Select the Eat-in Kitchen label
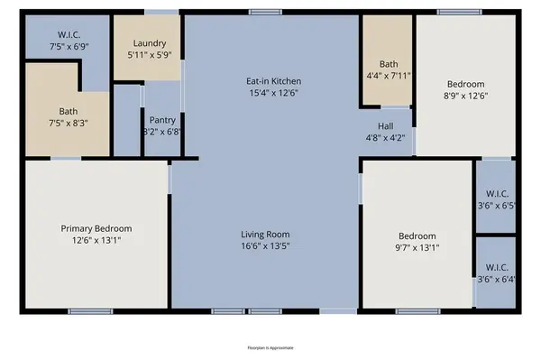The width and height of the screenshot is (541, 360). coord(275,79)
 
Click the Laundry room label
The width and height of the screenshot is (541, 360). coord(149,43)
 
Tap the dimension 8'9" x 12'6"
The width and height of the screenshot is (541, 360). coord(465,97)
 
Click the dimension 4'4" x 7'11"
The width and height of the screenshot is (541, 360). coord(389,77)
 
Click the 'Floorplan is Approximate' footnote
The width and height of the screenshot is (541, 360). coord(270,346)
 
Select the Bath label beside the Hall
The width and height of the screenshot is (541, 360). coord(389,64)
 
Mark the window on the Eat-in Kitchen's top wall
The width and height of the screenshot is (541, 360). coord(263,12)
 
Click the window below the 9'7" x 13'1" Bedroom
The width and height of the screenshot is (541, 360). coord(416,312)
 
